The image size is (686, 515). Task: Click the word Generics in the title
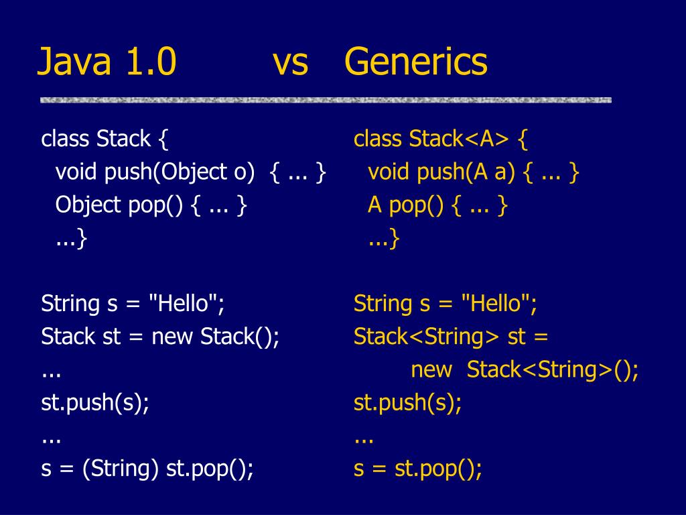click(416, 62)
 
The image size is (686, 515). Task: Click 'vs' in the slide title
click(290, 62)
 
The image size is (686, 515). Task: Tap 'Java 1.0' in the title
click(107, 62)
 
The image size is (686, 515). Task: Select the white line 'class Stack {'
click(105, 139)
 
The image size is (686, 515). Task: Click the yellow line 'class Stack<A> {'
click(441, 139)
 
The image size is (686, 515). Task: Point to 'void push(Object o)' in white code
click(155, 172)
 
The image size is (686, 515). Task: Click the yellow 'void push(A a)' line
click(441, 172)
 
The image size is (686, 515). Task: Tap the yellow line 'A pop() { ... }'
click(437, 205)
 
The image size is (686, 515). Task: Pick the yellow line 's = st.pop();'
click(418, 469)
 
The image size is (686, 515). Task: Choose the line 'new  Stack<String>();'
click(525, 369)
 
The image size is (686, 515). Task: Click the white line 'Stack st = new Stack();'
click(160, 337)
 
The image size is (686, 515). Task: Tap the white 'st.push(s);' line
click(95, 403)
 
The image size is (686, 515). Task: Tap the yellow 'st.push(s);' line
click(408, 403)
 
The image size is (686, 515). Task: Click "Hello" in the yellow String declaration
click(496, 304)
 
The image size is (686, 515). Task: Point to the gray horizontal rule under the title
click(326, 100)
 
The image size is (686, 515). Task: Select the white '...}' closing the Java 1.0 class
click(71, 238)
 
